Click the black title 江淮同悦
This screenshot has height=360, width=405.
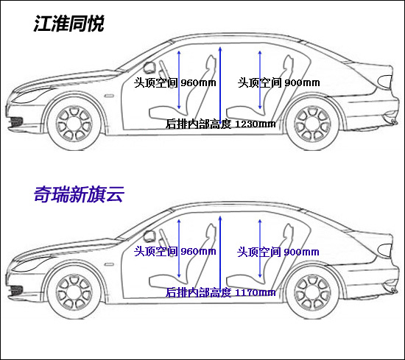68,24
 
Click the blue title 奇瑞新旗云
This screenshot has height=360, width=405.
79,194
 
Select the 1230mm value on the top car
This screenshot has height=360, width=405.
256,124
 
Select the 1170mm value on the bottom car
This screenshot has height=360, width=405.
256,292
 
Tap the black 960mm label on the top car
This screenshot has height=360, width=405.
198,82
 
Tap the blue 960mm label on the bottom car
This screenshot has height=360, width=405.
198,251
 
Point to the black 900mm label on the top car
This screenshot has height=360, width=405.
302,82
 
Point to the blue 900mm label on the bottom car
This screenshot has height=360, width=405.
301,252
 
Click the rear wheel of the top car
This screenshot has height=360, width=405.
312,124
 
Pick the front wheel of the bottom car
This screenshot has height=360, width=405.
74,292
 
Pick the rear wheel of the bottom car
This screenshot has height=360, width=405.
312,292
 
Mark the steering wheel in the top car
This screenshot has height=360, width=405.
149,68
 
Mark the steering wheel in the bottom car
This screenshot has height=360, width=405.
149,236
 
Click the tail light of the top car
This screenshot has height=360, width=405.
385,81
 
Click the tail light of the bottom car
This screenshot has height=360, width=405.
385,250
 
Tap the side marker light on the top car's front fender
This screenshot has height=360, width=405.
109,96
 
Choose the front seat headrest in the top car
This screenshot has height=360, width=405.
212,62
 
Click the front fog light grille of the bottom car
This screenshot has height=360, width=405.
15,290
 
